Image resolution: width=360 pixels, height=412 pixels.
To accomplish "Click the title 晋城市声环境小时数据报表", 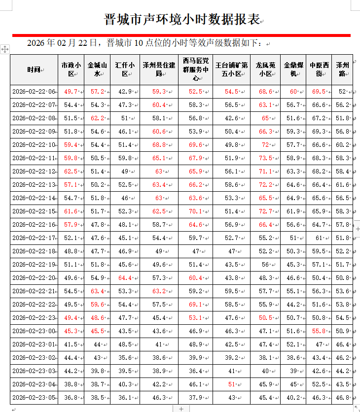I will (x=182, y=20).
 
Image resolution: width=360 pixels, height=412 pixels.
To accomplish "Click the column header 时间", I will (x=34, y=69).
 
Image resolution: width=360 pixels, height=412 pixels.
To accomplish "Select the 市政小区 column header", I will (x=71, y=69).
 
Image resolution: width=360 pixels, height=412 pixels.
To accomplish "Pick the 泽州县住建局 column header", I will (x=159, y=69).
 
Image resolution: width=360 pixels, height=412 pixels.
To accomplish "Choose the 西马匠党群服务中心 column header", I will (x=195, y=69).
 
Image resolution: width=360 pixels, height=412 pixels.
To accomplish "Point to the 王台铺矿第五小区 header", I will (x=231, y=69).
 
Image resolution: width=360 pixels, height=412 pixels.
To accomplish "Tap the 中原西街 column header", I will (x=319, y=69).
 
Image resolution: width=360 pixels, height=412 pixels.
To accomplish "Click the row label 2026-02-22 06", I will (x=34, y=92).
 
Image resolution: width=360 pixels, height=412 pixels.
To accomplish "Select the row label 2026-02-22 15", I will (x=34, y=211).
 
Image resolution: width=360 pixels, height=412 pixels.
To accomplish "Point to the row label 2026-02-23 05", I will (x=34, y=398).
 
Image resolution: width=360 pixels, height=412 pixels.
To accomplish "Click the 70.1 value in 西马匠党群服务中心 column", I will (x=195, y=211).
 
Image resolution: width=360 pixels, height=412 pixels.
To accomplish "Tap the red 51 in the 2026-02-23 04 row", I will (x=231, y=384).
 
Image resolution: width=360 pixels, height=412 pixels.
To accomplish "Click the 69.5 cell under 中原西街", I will (x=319, y=92).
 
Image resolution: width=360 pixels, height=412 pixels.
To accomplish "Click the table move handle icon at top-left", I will (x=4, y=49).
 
